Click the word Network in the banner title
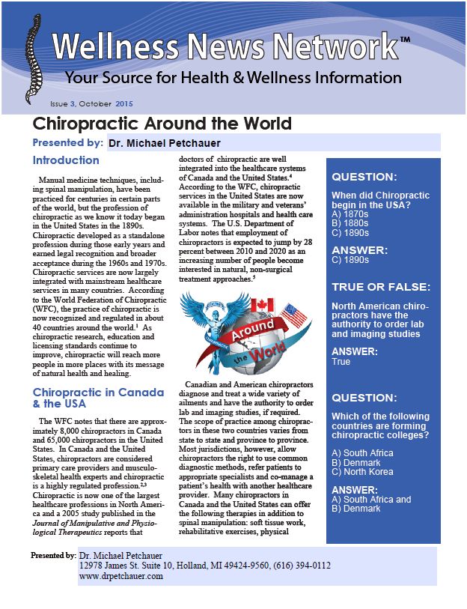click(322, 47)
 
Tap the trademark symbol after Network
click(405, 39)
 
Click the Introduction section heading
click(66, 160)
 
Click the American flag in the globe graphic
click(294, 315)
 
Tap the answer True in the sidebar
click(341, 362)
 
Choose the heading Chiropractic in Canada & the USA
click(98, 399)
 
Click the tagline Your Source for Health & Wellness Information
click(233, 78)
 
